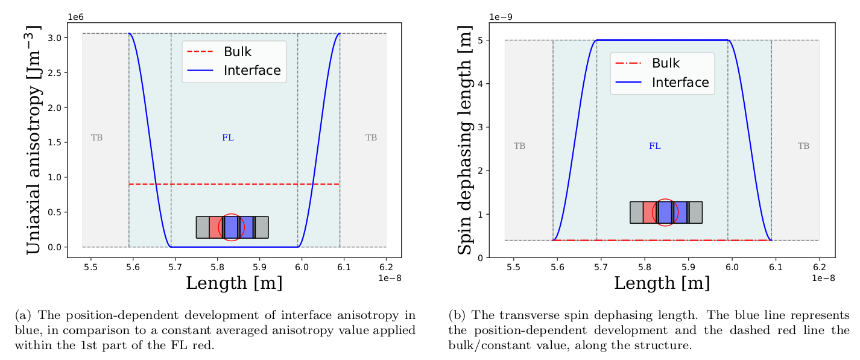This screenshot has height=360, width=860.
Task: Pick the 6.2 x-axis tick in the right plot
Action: (x=819, y=267)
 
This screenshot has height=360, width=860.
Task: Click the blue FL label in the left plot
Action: (x=228, y=137)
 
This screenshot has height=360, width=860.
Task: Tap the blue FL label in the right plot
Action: (x=655, y=146)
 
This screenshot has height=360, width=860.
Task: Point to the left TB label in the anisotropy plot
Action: (x=96, y=137)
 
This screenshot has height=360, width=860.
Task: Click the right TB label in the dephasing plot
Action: (x=803, y=146)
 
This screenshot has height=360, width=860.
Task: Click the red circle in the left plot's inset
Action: (x=231, y=227)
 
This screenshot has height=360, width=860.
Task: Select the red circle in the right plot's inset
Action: (x=665, y=212)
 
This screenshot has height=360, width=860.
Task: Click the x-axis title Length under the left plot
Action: (x=234, y=283)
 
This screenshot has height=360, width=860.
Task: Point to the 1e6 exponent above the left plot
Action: (x=75, y=17)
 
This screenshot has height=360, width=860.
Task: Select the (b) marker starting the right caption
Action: (x=457, y=315)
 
